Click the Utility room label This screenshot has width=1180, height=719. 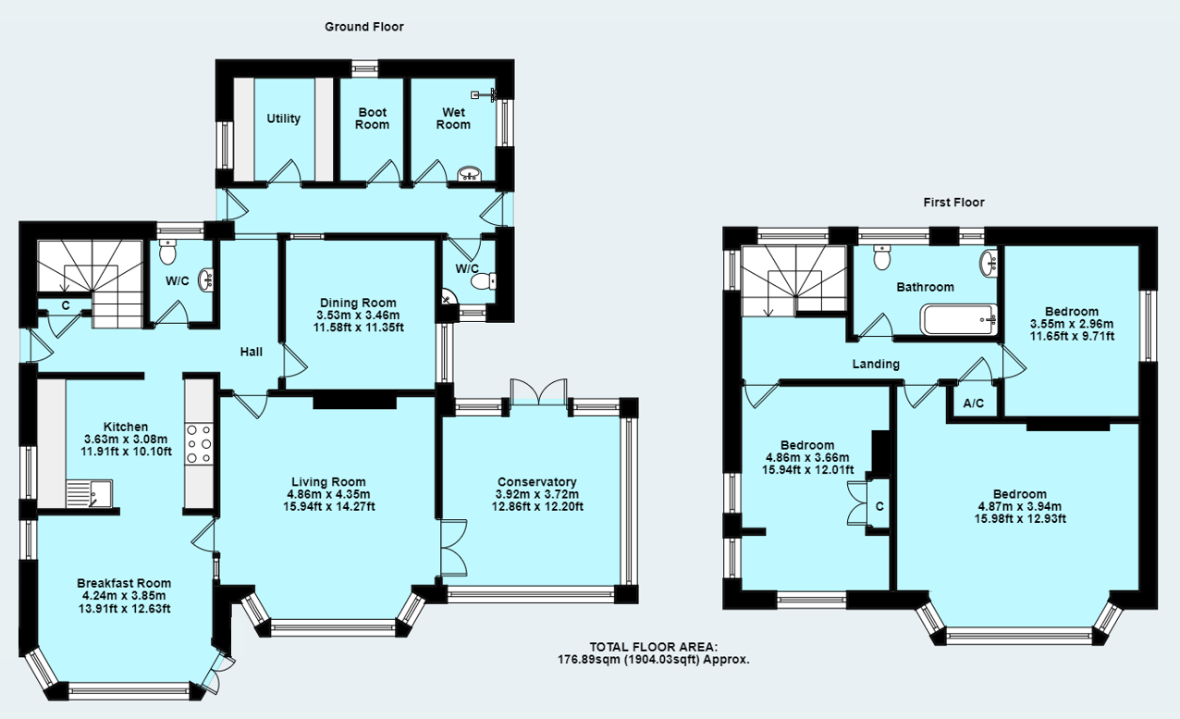[x=283, y=118]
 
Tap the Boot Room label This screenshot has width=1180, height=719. [x=373, y=118]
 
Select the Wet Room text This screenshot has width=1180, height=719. [x=453, y=118]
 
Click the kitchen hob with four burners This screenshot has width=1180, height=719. [x=200, y=443]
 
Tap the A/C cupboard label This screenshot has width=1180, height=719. [x=973, y=403]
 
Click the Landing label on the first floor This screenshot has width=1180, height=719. [x=876, y=364]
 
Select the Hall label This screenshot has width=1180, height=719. [x=251, y=352]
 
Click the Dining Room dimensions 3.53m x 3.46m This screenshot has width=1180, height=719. [x=358, y=315]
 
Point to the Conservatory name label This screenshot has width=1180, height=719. [x=536, y=481]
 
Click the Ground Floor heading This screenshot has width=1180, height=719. [x=363, y=27]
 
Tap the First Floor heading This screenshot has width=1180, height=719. [x=953, y=202]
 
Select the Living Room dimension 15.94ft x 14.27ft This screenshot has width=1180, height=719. [x=328, y=506]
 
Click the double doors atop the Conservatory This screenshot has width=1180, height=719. [x=538, y=390]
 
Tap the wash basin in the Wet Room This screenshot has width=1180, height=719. [x=470, y=174]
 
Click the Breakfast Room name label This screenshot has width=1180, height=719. [x=124, y=583]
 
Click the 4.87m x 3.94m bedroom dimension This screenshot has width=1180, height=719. [x=1020, y=506]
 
